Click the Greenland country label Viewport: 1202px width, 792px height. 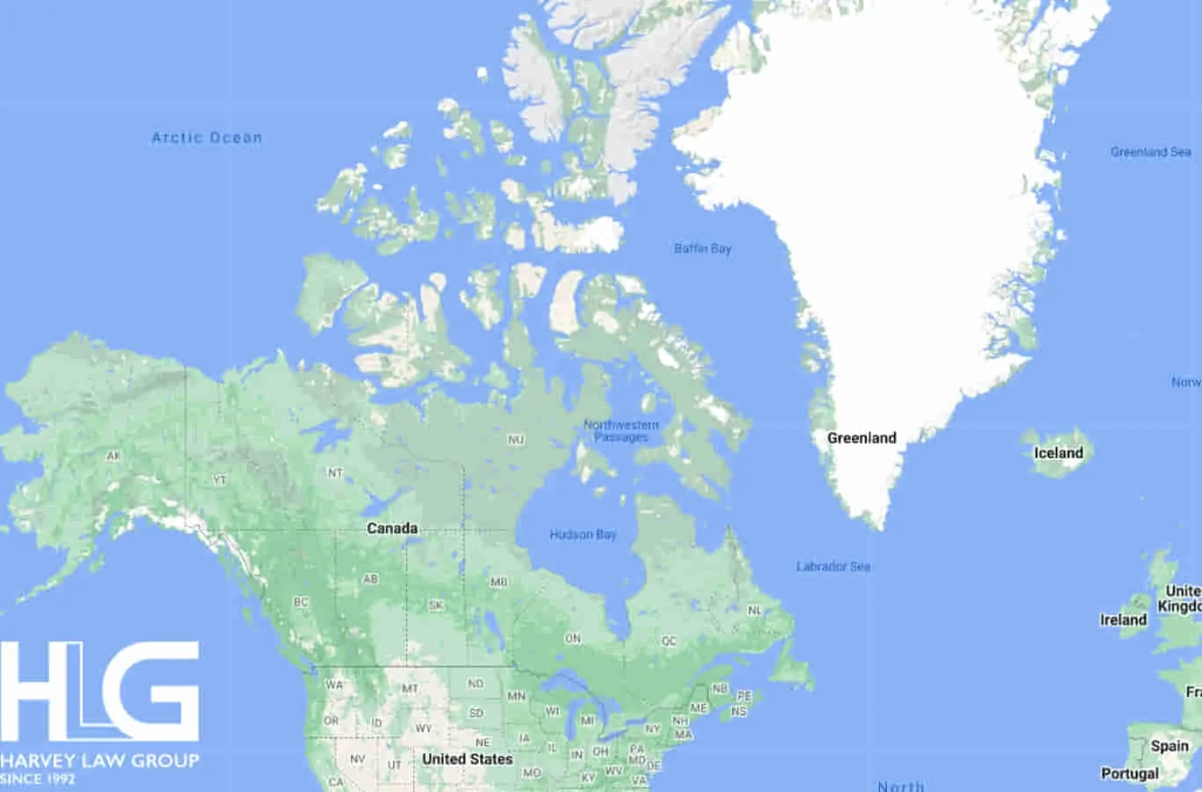point(861,437)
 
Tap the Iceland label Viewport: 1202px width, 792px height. point(1058,452)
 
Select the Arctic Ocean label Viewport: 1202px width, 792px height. point(207,137)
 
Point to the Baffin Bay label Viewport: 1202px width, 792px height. point(702,248)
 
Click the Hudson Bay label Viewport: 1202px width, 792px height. point(583,534)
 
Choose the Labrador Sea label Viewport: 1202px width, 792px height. point(832,566)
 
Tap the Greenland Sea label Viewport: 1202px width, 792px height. point(1150,152)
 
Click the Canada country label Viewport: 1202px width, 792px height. point(392,528)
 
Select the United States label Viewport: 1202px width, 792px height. point(466,759)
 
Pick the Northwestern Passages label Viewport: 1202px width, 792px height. point(621,430)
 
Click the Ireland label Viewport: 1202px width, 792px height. point(1123,620)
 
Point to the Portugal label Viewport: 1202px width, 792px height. point(1129,774)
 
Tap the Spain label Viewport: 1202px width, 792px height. point(1169,745)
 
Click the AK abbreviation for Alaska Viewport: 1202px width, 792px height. point(114,456)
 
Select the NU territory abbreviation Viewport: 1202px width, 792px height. point(516,439)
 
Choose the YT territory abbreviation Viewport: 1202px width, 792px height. point(219,480)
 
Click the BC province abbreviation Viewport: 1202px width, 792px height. point(301,603)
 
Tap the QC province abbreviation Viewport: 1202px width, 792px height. point(669,641)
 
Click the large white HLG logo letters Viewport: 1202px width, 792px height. point(99,691)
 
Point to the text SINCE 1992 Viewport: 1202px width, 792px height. point(38,779)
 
